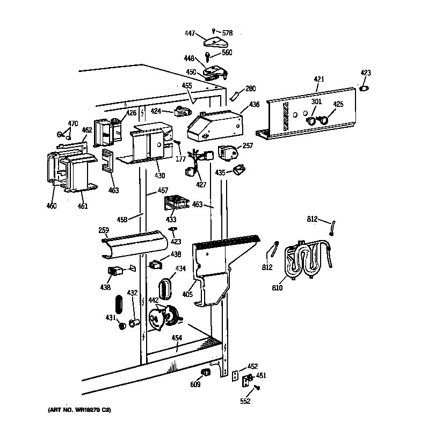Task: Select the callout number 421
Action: coord(319,79)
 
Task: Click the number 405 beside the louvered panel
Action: coord(186,294)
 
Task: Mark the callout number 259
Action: coord(103,230)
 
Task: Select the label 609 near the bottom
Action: coord(195,384)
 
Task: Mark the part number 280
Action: coord(250,89)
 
